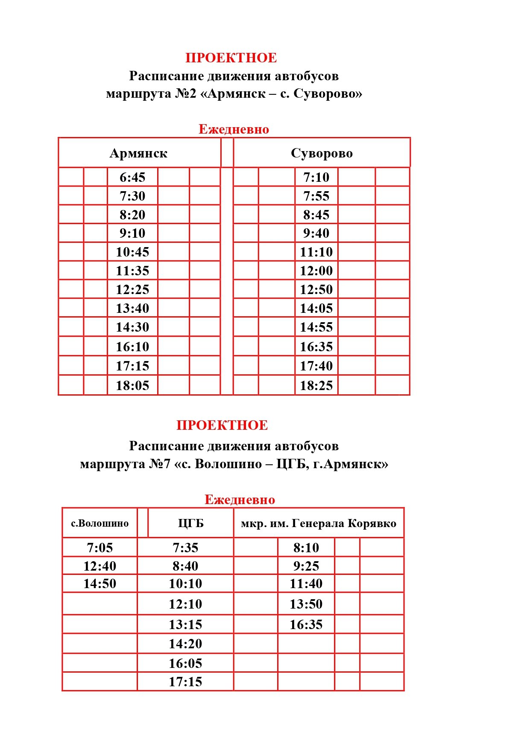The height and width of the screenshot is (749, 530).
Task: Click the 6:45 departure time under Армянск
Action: (132, 177)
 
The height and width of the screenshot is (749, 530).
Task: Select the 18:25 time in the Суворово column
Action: (316, 386)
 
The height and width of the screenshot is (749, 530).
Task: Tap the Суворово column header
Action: (322, 153)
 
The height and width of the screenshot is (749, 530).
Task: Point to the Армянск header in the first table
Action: (138, 153)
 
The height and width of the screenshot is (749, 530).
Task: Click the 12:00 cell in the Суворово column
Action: (316, 271)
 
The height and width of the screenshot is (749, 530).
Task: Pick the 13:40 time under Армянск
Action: (132, 308)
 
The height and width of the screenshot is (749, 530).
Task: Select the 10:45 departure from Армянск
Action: (132, 252)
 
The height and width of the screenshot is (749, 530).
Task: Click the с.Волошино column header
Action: (100, 523)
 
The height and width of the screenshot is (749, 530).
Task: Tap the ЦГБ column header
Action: (191, 523)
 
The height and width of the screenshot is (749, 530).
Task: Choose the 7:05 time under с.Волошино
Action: (100, 548)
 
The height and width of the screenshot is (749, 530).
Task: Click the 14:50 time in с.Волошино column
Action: (100, 583)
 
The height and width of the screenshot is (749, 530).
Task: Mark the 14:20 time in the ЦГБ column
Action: (185, 644)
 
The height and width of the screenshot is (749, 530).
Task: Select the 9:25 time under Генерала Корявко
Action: (306, 566)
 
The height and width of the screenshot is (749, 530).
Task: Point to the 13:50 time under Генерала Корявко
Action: (306, 604)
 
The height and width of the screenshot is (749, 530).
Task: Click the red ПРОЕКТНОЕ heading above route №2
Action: (231, 58)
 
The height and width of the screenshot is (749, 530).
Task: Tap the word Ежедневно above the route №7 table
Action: (240, 499)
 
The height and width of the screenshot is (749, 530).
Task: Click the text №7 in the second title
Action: (160, 464)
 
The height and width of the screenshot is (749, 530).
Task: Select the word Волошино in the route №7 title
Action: (228, 464)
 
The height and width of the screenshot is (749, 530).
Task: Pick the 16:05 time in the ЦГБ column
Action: (185, 663)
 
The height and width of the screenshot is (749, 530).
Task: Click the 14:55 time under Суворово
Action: (316, 327)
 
